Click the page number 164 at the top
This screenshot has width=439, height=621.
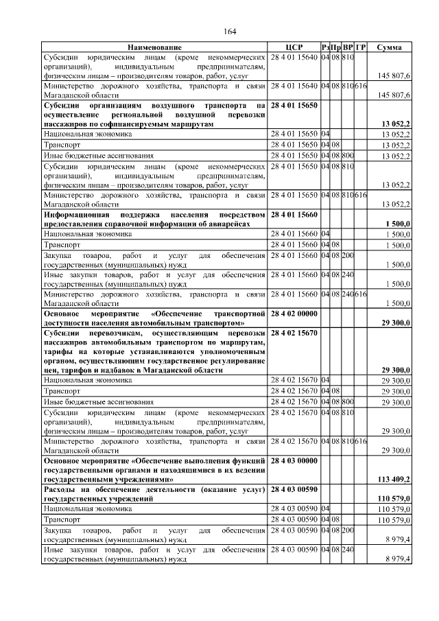point(230,32)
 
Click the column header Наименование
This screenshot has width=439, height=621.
point(154,47)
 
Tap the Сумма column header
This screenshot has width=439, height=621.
point(394,47)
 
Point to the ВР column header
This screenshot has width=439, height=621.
point(348,47)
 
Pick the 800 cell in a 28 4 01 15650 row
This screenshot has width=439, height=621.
point(348,156)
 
